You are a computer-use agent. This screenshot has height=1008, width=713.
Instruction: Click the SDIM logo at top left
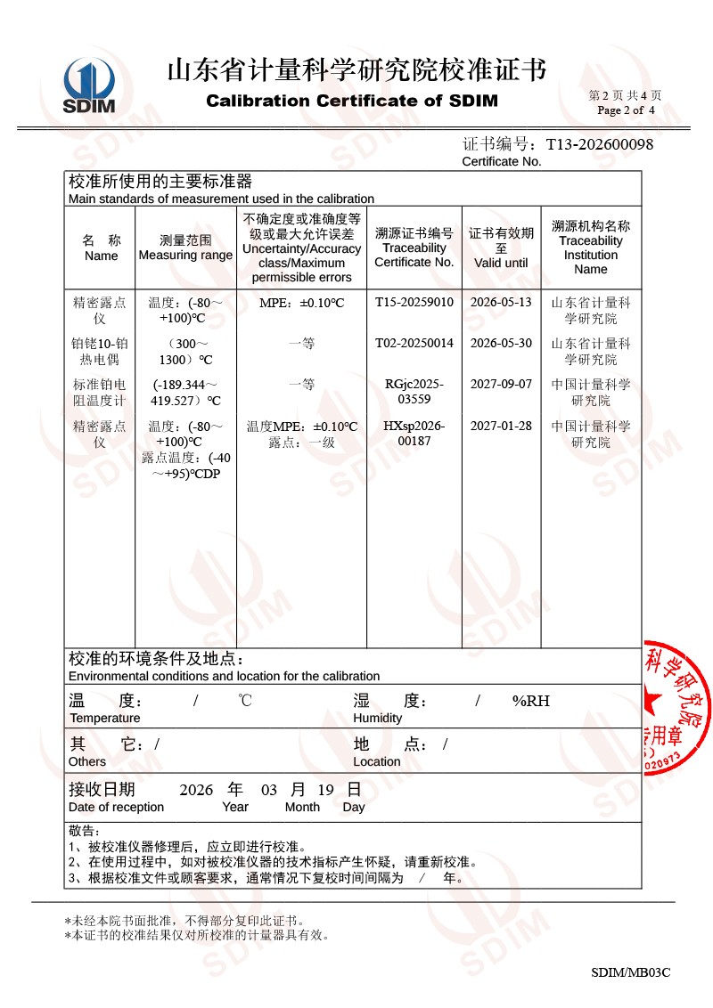[x=89, y=86]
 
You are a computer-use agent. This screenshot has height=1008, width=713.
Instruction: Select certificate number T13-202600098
[x=599, y=143]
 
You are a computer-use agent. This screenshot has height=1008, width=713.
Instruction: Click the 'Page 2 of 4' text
[x=626, y=110]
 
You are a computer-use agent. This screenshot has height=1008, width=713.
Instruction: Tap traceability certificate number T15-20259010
[x=414, y=303]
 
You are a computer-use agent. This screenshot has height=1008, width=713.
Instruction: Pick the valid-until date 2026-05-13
[x=501, y=303]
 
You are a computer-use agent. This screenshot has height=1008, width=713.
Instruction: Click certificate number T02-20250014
[x=414, y=344]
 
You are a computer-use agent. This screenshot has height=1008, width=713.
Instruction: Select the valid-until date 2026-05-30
[x=501, y=344]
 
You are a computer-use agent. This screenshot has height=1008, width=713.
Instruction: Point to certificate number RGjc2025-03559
[x=414, y=392]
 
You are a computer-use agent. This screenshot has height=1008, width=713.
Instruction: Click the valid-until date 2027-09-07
[x=501, y=385]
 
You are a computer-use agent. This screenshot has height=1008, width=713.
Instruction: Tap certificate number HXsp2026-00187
[x=414, y=433]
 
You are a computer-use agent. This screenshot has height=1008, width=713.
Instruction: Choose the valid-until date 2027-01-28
[x=501, y=426]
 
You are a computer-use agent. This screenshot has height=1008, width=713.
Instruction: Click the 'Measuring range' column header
[x=185, y=248]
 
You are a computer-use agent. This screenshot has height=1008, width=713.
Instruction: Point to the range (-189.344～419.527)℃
[x=185, y=393]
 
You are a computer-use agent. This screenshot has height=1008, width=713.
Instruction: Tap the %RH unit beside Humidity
[x=530, y=701]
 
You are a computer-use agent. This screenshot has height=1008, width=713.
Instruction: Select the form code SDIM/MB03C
[x=630, y=972]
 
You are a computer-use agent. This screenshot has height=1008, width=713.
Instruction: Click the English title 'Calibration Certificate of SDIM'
[x=352, y=101]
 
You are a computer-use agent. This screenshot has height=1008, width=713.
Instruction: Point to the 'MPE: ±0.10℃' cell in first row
[x=301, y=303]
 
